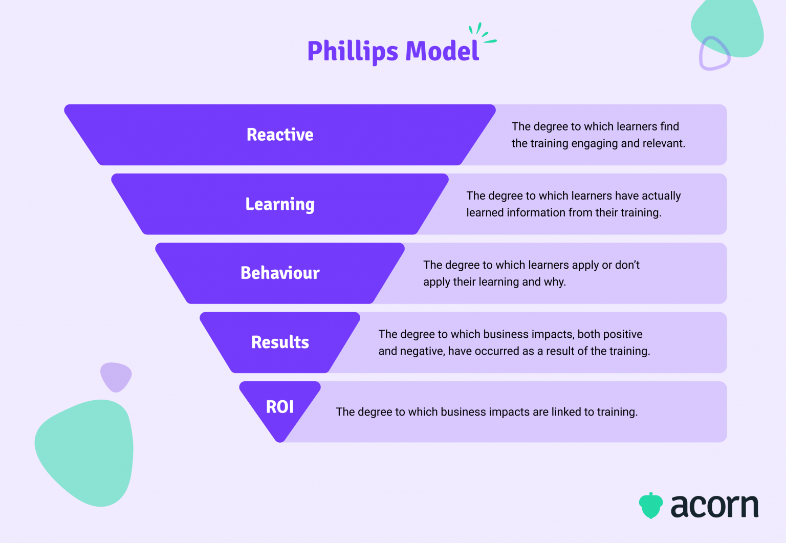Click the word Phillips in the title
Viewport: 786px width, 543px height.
point(353,52)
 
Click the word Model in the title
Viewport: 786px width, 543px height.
point(442,51)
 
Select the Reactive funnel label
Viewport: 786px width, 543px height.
point(280,135)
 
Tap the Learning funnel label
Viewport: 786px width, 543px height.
point(280,204)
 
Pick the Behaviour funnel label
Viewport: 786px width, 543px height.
point(280,273)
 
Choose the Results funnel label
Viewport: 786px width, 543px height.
point(280,342)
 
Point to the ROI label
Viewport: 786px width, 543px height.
point(280,407)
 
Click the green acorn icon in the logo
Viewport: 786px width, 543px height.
point(650,506)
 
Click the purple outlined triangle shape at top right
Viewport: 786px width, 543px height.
point(714,53)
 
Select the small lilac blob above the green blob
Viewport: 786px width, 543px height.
point(116,376)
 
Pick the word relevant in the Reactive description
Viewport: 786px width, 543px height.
point(665,143)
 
